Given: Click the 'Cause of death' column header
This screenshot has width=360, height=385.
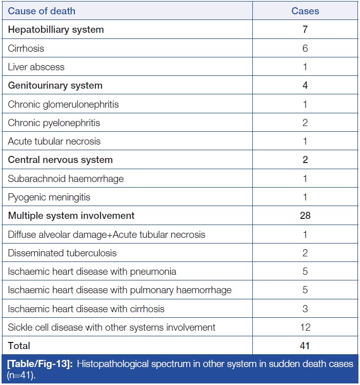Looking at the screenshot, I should tap(42, 11).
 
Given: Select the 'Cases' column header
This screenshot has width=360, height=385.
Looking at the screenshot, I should tap(305, 11).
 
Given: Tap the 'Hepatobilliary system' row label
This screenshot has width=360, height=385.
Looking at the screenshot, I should tap(56, 30).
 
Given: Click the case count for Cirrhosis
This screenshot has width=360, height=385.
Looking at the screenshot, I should tap(305, 48).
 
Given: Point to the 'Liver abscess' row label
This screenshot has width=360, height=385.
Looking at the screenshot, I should tap(36, 67).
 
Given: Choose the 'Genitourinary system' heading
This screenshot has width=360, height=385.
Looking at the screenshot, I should tap(55, 86).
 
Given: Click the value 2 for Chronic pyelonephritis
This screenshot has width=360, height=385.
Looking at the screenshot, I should tap(305, 123).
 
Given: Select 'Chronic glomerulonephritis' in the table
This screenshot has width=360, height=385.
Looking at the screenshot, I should tap(63, 104).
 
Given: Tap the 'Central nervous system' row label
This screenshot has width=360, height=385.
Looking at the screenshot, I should tap(60, 160).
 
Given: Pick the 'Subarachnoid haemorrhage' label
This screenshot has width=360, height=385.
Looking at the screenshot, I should tap(66, 178).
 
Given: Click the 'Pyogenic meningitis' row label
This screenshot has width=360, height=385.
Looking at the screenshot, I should tap(49, 197).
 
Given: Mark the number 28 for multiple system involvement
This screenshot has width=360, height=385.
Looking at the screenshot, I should tap(305, 216).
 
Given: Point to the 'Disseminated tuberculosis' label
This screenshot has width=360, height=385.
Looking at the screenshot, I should tap(62, 253).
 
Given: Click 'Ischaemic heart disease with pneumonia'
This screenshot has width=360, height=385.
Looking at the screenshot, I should tap(92, 271).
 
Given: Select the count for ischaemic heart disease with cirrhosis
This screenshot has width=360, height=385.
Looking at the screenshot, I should tap(305, 309).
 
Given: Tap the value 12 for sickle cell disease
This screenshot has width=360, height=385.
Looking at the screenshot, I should tap(305, 327).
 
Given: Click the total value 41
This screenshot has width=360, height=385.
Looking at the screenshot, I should tap(305, 346).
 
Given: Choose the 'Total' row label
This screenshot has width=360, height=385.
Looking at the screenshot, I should tap(19, 346).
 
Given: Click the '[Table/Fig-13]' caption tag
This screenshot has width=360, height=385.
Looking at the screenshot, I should tap(37, 364).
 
